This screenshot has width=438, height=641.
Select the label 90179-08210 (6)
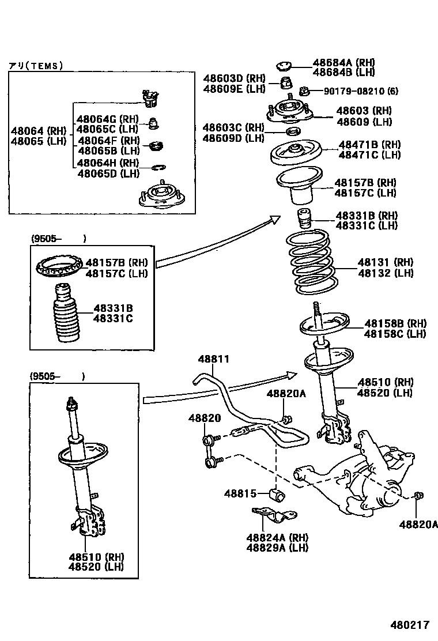click(x=360, y=91)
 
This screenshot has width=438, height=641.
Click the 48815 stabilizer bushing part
click(x=278, y=495)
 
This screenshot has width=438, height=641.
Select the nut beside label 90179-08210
click(x=305, y=91)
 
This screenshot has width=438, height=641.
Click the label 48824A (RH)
click(x=277, y=537)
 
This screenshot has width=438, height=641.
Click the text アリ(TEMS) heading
click(x=35, y=66)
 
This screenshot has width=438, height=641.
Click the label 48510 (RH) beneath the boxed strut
click(x=96, y=557)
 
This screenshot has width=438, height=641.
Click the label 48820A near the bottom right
click(x=418, y=524)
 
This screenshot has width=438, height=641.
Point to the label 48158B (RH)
click(x=395, y=323)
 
